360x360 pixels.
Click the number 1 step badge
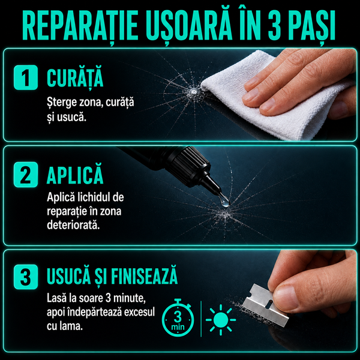[x=26, y=77]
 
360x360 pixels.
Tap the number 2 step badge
[x=26, y=175]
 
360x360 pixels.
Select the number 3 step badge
[x=26, y=277]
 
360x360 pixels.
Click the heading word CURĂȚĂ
[x=75, y=78]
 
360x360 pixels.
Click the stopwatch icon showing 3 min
[x=178, y=318]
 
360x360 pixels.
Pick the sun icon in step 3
[x=221, y=320]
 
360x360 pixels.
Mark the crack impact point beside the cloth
[x=193, y=92]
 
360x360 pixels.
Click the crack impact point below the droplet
[x=224, y=215]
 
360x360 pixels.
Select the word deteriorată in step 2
[x=73, y=224]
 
